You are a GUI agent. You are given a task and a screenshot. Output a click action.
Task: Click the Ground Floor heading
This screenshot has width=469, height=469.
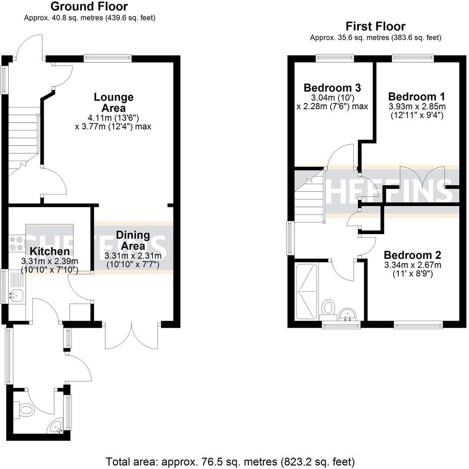pyautogui.click(x=89, y=7)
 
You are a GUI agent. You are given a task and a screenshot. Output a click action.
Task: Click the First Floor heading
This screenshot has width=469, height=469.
pyautogui.click(x=375, y=26)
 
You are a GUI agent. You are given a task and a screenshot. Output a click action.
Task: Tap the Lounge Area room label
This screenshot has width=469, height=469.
pyautogui.click(x=113, y=103)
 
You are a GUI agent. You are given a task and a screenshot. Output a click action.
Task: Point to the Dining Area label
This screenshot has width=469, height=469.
pyautogui.click(x=133, y=240)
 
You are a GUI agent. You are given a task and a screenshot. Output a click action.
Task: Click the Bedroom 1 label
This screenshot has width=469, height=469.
pyautogui.click(x=416, y=96)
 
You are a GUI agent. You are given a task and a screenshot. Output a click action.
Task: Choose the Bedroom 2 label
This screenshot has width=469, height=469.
pyautogui.click(x=412, y=255)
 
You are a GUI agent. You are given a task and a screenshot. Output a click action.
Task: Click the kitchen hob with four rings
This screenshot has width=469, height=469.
pyautogui.click(x=16, y=244)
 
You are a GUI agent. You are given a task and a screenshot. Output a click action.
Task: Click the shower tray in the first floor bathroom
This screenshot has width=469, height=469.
pyautogui.click(x=306, y=291)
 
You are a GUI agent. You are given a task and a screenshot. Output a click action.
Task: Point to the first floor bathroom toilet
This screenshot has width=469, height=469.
pyautogui.click(x=329, y=307)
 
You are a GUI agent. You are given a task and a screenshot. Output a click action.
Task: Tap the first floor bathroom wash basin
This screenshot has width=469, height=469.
pyautogui.click(x=347, y=314)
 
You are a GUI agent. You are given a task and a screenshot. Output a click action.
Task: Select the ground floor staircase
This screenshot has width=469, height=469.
pyautogui.click(x=24, y=138)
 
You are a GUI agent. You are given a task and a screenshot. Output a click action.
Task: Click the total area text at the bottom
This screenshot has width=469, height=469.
pyautogui.click(x=230, y=461)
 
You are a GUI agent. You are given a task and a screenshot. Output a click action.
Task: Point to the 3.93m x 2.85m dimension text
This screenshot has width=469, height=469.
pyautogui.click(x=417, y=107)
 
